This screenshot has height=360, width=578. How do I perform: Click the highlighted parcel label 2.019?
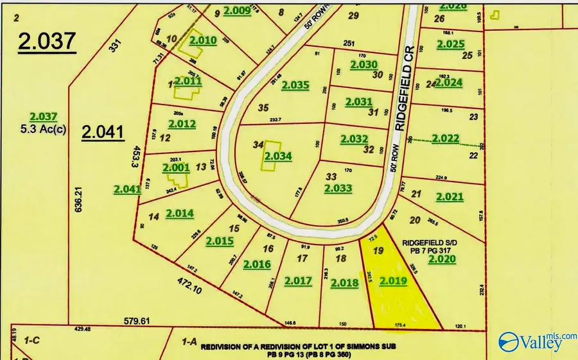(x=393, y=281)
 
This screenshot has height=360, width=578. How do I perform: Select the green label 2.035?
(x=295, y=85)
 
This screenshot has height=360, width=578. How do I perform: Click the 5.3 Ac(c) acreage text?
(x=44, y=126)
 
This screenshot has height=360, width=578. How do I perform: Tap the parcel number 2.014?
(x=179, y=213)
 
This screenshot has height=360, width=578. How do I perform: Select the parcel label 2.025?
(x=450, y=44)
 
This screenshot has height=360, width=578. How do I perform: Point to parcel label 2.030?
(x=363, y=65)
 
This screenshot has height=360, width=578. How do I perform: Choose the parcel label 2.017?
(x=297, y=280)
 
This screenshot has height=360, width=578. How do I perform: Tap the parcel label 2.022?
(x=444, y=138)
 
